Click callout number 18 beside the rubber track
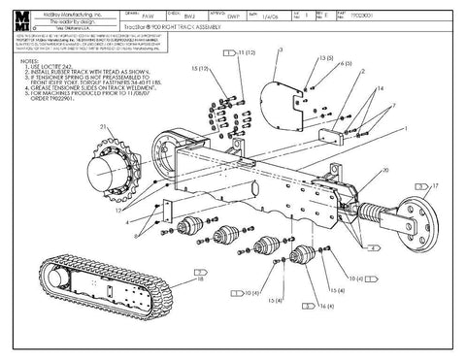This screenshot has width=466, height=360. click(199, 279)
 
